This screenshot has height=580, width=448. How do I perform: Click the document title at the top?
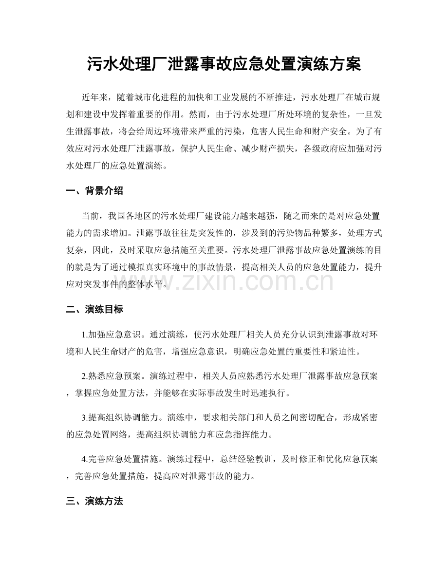(224, 64)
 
